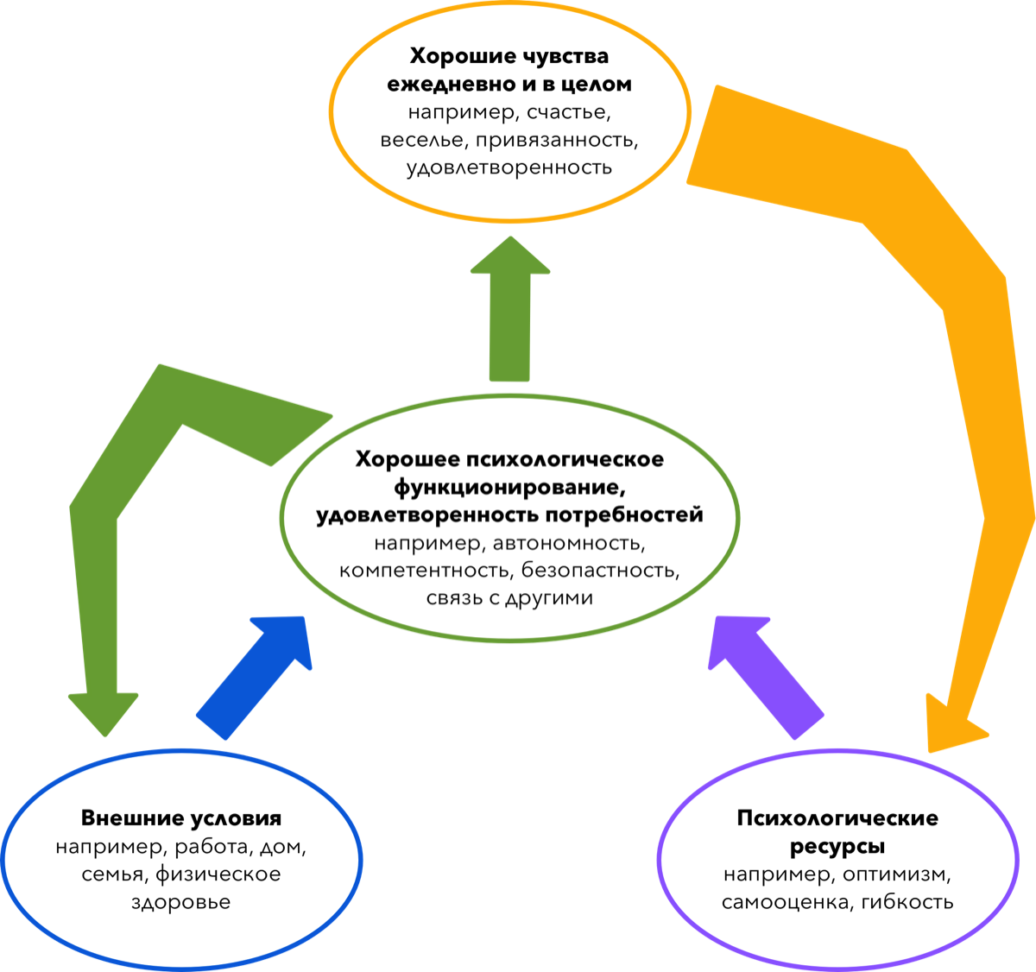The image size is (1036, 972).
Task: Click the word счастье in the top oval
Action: (x=569, y=112)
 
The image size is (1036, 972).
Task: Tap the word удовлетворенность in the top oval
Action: (x=509, y=167)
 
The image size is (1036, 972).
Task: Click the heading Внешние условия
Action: (x=181, y=818)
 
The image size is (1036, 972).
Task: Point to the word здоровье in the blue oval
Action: (x=181, y=902)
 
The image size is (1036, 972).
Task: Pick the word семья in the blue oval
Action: (x=115, y=874)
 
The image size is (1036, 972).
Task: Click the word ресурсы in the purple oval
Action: (x=837, y=847)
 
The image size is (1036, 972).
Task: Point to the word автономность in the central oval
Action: (x=568, y=544)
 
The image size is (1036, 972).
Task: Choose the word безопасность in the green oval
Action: (x=599, y=571)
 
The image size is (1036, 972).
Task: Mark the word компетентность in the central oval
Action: (x=424, y=571)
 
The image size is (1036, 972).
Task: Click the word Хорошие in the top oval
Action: (x=460, y=57)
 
